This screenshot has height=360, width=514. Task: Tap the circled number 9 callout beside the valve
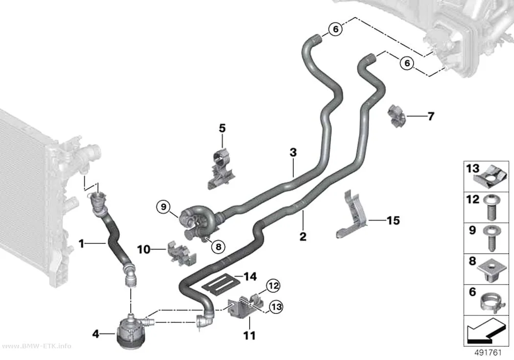164,207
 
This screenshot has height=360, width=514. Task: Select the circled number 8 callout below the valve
219,246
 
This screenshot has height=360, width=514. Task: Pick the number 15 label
394,220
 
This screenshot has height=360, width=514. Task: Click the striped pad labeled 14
218,285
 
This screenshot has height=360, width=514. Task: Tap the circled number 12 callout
273,286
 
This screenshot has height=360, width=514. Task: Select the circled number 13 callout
276,307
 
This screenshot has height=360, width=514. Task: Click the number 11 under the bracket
249,336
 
